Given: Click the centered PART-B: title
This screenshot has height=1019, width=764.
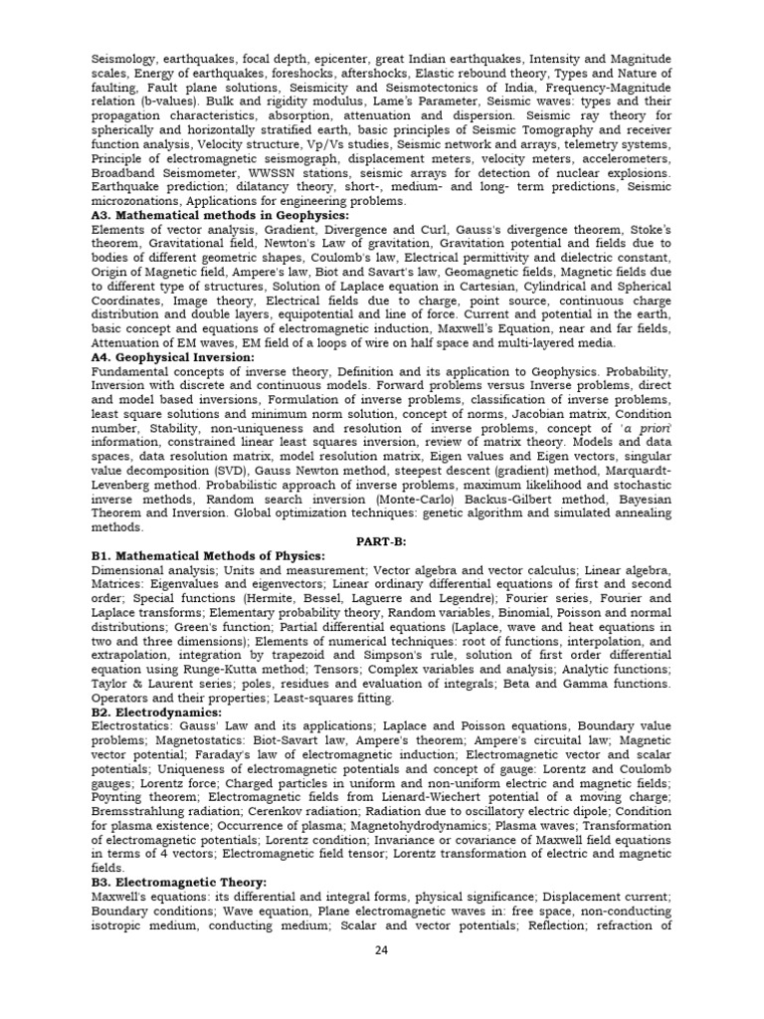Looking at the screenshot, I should (x=382, y=540).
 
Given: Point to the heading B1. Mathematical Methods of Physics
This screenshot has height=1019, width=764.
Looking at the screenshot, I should (x=208, y=554).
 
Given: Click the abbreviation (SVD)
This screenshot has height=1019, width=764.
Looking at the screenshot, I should (x=235, y=470).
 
